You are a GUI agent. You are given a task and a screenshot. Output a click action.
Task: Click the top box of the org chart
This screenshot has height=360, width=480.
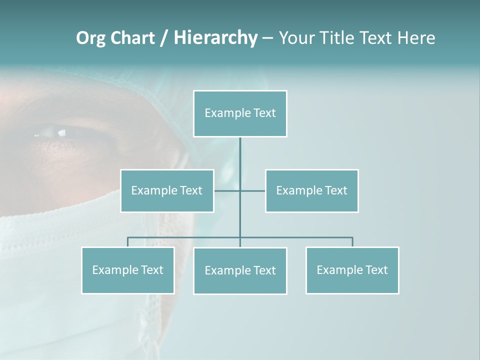tap(240, 113)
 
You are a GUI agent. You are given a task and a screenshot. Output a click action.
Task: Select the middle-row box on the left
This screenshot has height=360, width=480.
tap(167, 190)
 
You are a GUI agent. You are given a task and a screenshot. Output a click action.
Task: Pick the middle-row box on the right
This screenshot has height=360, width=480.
tap(312, 190)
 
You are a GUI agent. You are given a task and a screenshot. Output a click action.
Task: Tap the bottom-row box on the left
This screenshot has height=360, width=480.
tap(128, 270)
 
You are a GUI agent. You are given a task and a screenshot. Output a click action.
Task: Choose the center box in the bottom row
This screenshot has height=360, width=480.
tap(240, 270)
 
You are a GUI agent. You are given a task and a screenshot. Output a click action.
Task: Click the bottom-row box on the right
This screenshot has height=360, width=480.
tap(352, 270)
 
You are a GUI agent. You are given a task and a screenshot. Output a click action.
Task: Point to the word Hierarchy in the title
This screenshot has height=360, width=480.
tap(215, 38)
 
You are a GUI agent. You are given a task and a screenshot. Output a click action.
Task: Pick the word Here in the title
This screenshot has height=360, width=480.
tap(416, 38)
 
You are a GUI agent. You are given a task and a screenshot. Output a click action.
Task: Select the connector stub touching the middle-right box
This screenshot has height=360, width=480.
tap(253, 190)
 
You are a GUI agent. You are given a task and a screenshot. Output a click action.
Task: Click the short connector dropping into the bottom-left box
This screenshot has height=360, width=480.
tap(128, 242)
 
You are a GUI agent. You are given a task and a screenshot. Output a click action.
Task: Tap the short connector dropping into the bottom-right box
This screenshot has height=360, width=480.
tap(352, 242)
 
